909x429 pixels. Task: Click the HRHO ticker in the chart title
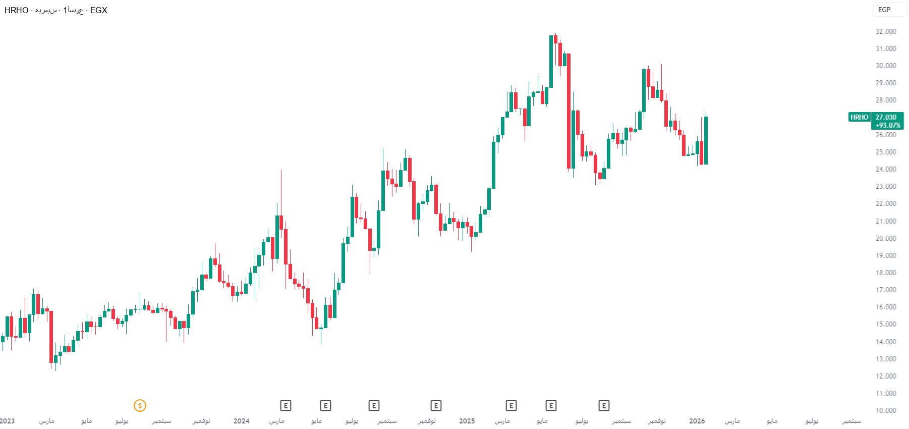click(x=16, y=10)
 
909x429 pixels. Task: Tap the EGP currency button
click(x=884, y=10)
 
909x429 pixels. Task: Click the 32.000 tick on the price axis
click(x=886, y=31)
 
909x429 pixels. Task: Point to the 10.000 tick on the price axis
click(x=886, y=410)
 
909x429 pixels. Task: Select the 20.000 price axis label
click(x=886, y=238)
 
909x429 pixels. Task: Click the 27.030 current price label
click(x=886, y=117)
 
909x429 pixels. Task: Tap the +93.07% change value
click(x=888, y=125)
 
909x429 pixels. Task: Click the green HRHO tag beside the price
click(x=859, y=117)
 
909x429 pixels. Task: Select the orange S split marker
click(x=140, y=405)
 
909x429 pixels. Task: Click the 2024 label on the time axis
click(x=241, y=421)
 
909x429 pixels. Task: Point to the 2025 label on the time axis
click(x=467, y=421)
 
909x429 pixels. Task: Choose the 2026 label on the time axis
click(x=697, y=421)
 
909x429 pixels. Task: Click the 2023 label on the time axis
click(x=8, y=421)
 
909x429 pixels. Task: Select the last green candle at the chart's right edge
click(x=706, y=140)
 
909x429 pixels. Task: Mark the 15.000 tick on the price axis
click(x=886, y=324)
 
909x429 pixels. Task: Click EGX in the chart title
click(x=99, y=10)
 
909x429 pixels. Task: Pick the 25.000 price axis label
click(x=886, y=152)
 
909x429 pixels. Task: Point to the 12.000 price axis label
click(x=886, y=376)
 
